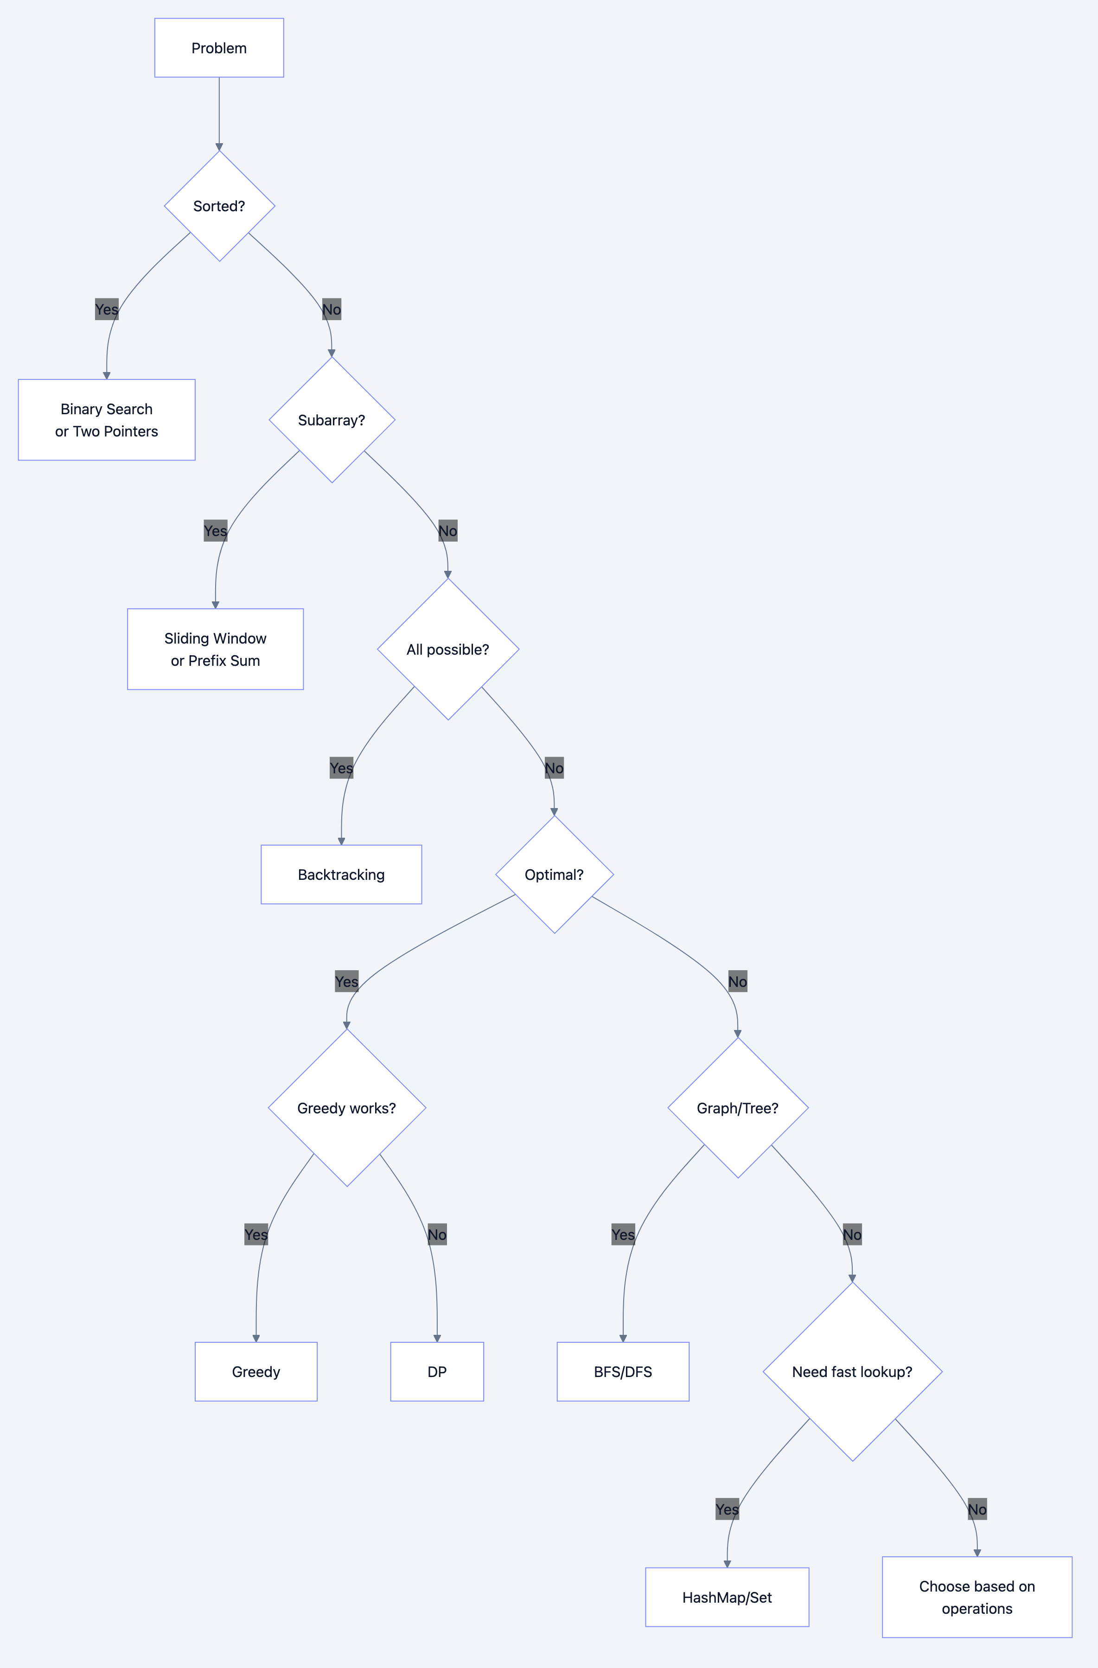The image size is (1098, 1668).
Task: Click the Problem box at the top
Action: (x=219, y=48)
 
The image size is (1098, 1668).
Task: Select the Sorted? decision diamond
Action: (x=219, y=206)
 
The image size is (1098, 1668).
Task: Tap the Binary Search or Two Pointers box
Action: (x=107, y=420)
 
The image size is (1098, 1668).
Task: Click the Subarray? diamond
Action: (x=332, y=420)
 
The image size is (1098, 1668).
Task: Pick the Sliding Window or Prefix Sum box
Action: (x=215, y=649)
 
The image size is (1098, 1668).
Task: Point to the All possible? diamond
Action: (x=448, y=649)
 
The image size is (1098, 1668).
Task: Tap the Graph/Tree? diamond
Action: (x=738, y=1107)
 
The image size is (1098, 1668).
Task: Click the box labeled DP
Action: (x=437, y=1371)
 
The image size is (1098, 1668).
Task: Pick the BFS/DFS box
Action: (x=623, y=1371)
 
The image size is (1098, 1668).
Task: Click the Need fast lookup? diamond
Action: (x=852, y=1371)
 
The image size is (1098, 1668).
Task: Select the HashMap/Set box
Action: (x=727, y=1597)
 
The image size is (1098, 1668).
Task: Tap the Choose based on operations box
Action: (x=977, y=1597)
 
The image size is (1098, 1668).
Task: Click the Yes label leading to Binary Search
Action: (x=107, y=309)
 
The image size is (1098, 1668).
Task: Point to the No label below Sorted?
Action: (x=332, y=309)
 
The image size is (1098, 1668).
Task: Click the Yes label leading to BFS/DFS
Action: (x=623, y=1234)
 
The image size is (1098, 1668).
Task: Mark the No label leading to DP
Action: (x=437, y=1234)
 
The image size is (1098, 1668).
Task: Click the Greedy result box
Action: (x=256, y=1371)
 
